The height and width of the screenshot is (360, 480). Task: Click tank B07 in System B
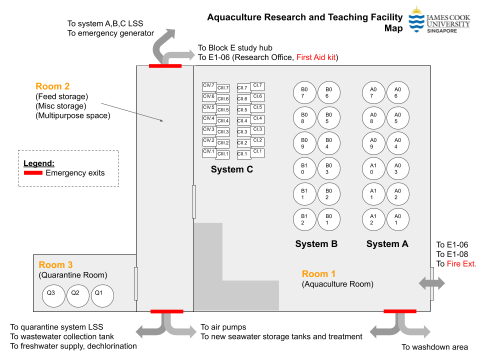coord(304,92)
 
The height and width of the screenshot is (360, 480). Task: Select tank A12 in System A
coord(373,219)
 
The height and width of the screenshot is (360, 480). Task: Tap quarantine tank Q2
coord(75,295)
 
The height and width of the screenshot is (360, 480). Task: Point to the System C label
coord(232,169)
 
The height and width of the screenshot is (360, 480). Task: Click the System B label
coord(316,244)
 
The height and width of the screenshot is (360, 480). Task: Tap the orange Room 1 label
coord(318,273)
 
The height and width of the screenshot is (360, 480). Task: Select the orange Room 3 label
coord(55,265)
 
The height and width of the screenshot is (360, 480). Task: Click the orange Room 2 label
coord(52,86)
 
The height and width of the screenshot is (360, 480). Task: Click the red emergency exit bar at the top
coord(165,65)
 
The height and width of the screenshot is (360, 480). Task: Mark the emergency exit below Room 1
coord(399,311)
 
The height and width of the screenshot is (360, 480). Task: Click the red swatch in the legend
coord(33,173)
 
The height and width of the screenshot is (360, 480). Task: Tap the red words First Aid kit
coord(317,57)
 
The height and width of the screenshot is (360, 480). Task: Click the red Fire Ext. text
coord(461,264)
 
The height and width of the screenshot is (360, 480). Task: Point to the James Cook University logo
coord(439,20)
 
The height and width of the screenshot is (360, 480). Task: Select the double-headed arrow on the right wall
coord(431,283)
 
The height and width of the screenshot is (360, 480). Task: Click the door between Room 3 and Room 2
coord(135,283)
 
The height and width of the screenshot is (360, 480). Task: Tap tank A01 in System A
coord(397,219)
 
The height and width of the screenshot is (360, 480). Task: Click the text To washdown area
coord(434,347)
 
